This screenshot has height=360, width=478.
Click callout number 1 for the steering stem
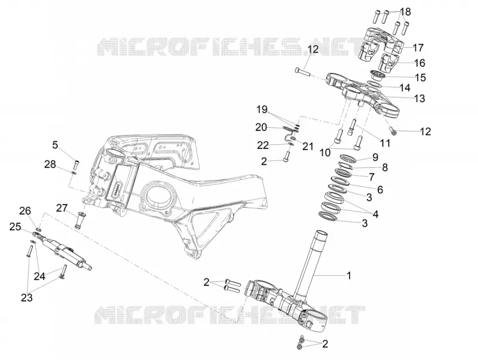tap(349, 276)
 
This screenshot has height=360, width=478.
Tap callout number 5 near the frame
tap(55, 145)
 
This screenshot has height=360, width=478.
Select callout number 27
tap(62, 208)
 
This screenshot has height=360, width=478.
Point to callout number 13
tap(419, 99)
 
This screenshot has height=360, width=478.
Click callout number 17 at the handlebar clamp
tap(418, 48)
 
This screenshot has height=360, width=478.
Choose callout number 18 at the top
tap(405, 12)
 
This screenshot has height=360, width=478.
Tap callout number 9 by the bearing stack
tap(375, 157)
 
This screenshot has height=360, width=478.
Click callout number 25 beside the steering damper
tap(15, 227)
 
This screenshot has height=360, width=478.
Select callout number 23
tap(26, 297)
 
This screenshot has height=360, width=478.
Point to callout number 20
tap(261, 127)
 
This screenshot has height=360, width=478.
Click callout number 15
tap(421, 78)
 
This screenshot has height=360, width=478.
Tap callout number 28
tap(50, 164)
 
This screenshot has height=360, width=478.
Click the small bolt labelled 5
tap(76, 164)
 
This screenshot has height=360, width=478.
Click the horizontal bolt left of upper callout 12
tap(302, 72)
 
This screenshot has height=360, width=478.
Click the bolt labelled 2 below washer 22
tap(286, 157)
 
